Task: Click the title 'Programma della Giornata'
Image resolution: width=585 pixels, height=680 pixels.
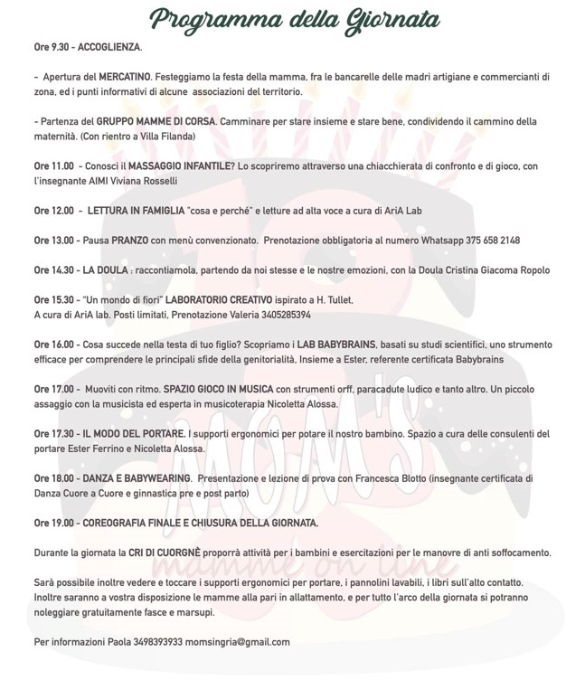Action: (x=297, y=18)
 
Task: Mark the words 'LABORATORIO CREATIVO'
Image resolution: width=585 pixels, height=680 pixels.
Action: (x=216, y=299)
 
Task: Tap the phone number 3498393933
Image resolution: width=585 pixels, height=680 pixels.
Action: (x=150, y=641)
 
